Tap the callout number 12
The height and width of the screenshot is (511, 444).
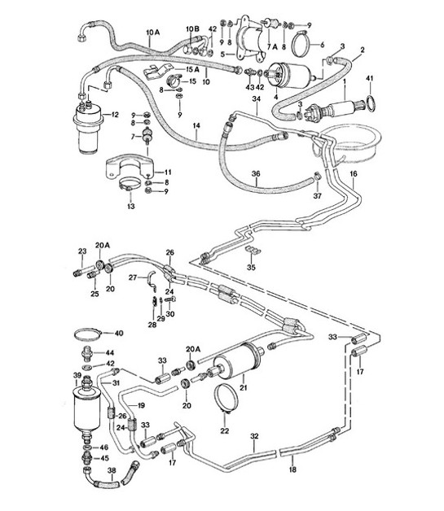(115, 115)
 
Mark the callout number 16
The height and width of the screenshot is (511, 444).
(354, 174)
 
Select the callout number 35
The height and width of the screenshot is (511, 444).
(251, 266)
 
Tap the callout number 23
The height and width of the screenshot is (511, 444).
(81, 251)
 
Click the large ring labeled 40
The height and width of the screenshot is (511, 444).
(90, 334)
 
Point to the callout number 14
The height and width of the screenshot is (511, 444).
(196, 126)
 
